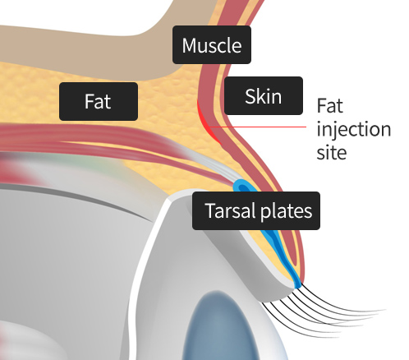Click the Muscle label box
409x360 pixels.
[212, 45]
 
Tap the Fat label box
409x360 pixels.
[99, 101]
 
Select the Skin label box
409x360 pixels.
[264, 95]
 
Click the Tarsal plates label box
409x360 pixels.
[256, 210]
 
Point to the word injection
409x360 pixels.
[354, 129]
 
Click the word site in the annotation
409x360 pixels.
[332, 152]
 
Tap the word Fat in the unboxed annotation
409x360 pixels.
[329, 105]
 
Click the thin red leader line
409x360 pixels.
[258, 127]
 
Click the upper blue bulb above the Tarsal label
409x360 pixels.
[244, 187]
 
